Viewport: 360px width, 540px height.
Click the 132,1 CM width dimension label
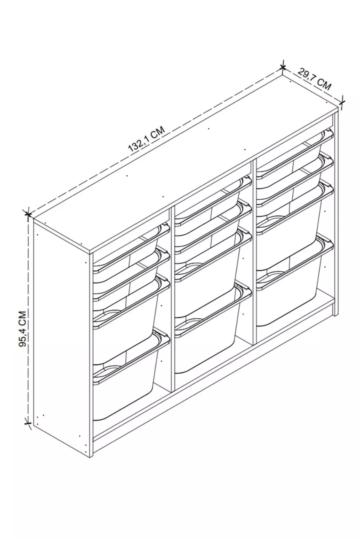tap(147, 139)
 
